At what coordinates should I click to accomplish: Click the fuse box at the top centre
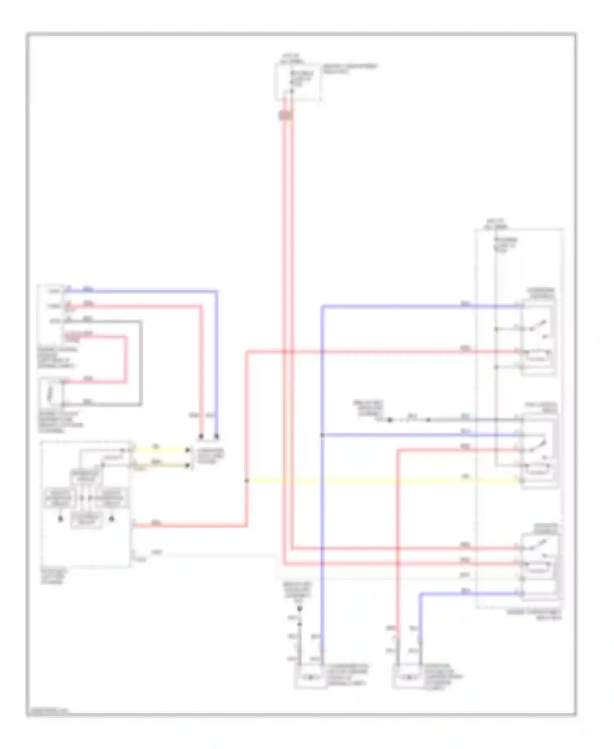pos(298,82)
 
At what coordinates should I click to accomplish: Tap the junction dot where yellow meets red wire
pos(247,480)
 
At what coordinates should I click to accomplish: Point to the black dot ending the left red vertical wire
pos(201,436)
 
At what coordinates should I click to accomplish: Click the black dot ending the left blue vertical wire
pos(217,436)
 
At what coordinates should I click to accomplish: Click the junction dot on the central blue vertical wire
pos(323,435)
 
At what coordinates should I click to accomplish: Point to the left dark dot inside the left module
pos(61,519)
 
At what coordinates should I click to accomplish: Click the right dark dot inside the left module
pos(111,519)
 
